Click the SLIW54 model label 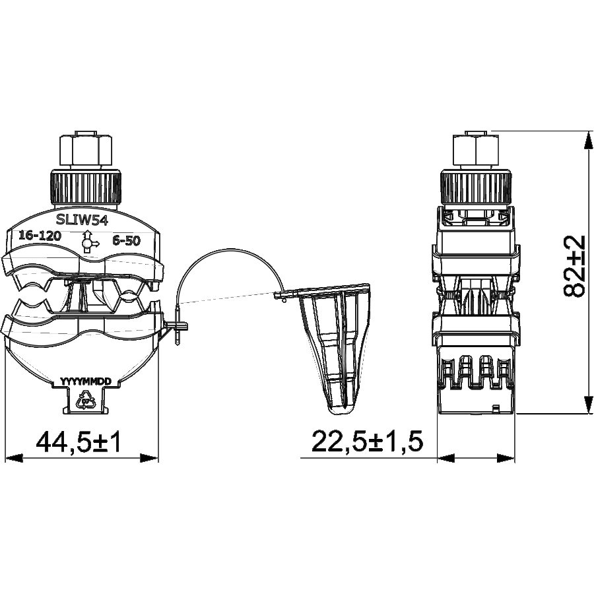pyautogui.click(x=82, y=220)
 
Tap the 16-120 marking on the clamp pyautogui.click(x=40, y=236)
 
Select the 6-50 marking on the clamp pyautogui.click(x=126, y=240)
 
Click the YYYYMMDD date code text pyautogui.click(x=86, y=381)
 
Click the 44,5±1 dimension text pyautogui.click(x=79, y=442)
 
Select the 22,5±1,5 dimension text pyautogui.click(x=366, y=442)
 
